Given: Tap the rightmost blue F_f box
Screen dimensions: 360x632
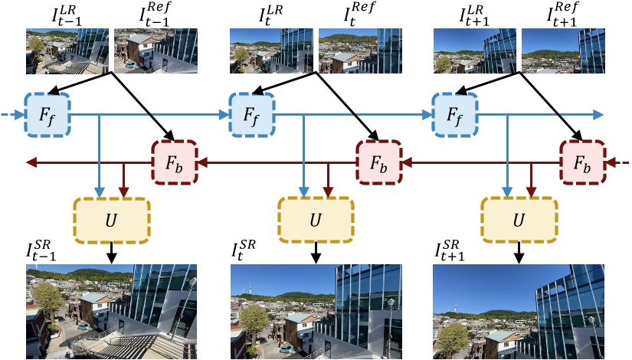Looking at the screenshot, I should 455,115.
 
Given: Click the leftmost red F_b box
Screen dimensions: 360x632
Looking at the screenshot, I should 175,163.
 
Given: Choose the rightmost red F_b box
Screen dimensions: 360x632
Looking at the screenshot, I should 582,163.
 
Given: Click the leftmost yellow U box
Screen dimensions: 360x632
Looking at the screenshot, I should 111,218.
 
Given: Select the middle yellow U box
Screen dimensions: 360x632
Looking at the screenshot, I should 316,218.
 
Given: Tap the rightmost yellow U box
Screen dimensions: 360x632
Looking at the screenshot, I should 519,218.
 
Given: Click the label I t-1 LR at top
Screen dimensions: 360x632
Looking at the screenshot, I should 57,14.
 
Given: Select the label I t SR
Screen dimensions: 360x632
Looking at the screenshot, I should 245,250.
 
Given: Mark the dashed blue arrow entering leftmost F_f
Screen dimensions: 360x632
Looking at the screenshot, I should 11,115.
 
